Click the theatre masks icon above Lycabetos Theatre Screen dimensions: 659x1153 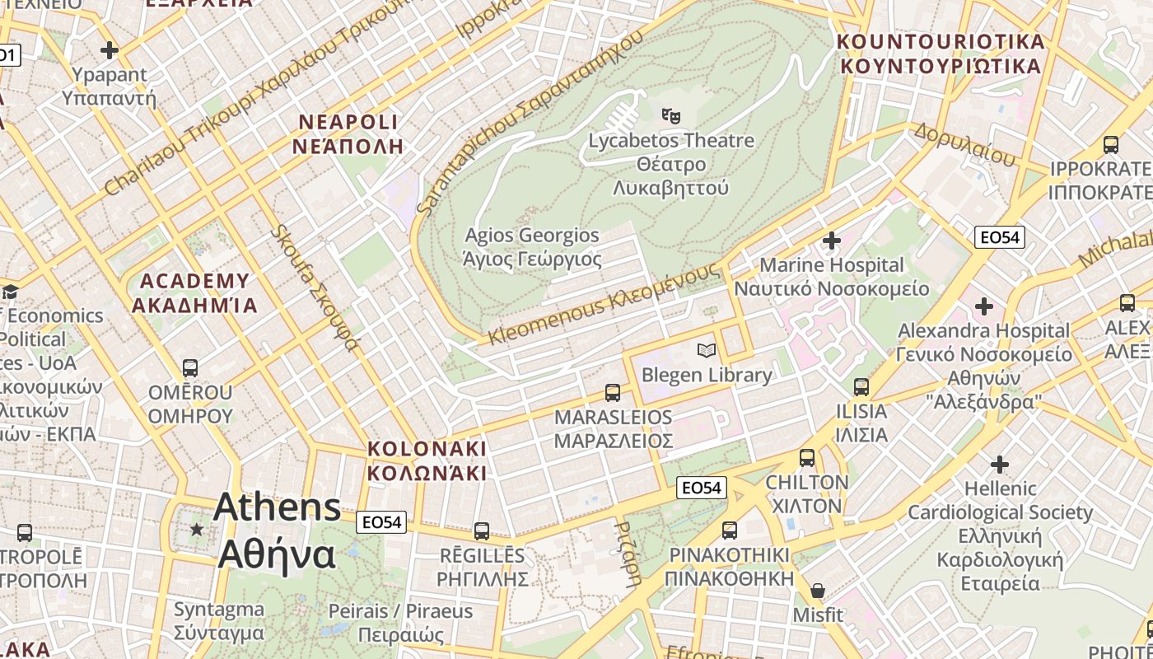tap(671, 116)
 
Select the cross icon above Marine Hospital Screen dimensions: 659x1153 tap(832, 241)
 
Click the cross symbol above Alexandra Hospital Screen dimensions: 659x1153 tap(983, 306)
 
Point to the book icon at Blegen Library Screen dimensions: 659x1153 tap(706, 351)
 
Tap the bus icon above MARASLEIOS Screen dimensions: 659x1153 tap(612, 393)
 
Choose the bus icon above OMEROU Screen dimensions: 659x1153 tap(190, 368)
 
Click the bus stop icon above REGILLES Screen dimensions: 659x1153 tap(482, 531)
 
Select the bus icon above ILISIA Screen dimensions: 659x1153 tap(861, 386)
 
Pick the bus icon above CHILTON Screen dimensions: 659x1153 tap(807, 458)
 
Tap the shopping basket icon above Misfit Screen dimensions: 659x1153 tap(818, 591)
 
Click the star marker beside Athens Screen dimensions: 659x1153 tap(196, 529)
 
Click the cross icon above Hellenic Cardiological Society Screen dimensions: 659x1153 tap(1000, 465)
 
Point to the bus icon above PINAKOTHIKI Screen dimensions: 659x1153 tap(729, 530)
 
